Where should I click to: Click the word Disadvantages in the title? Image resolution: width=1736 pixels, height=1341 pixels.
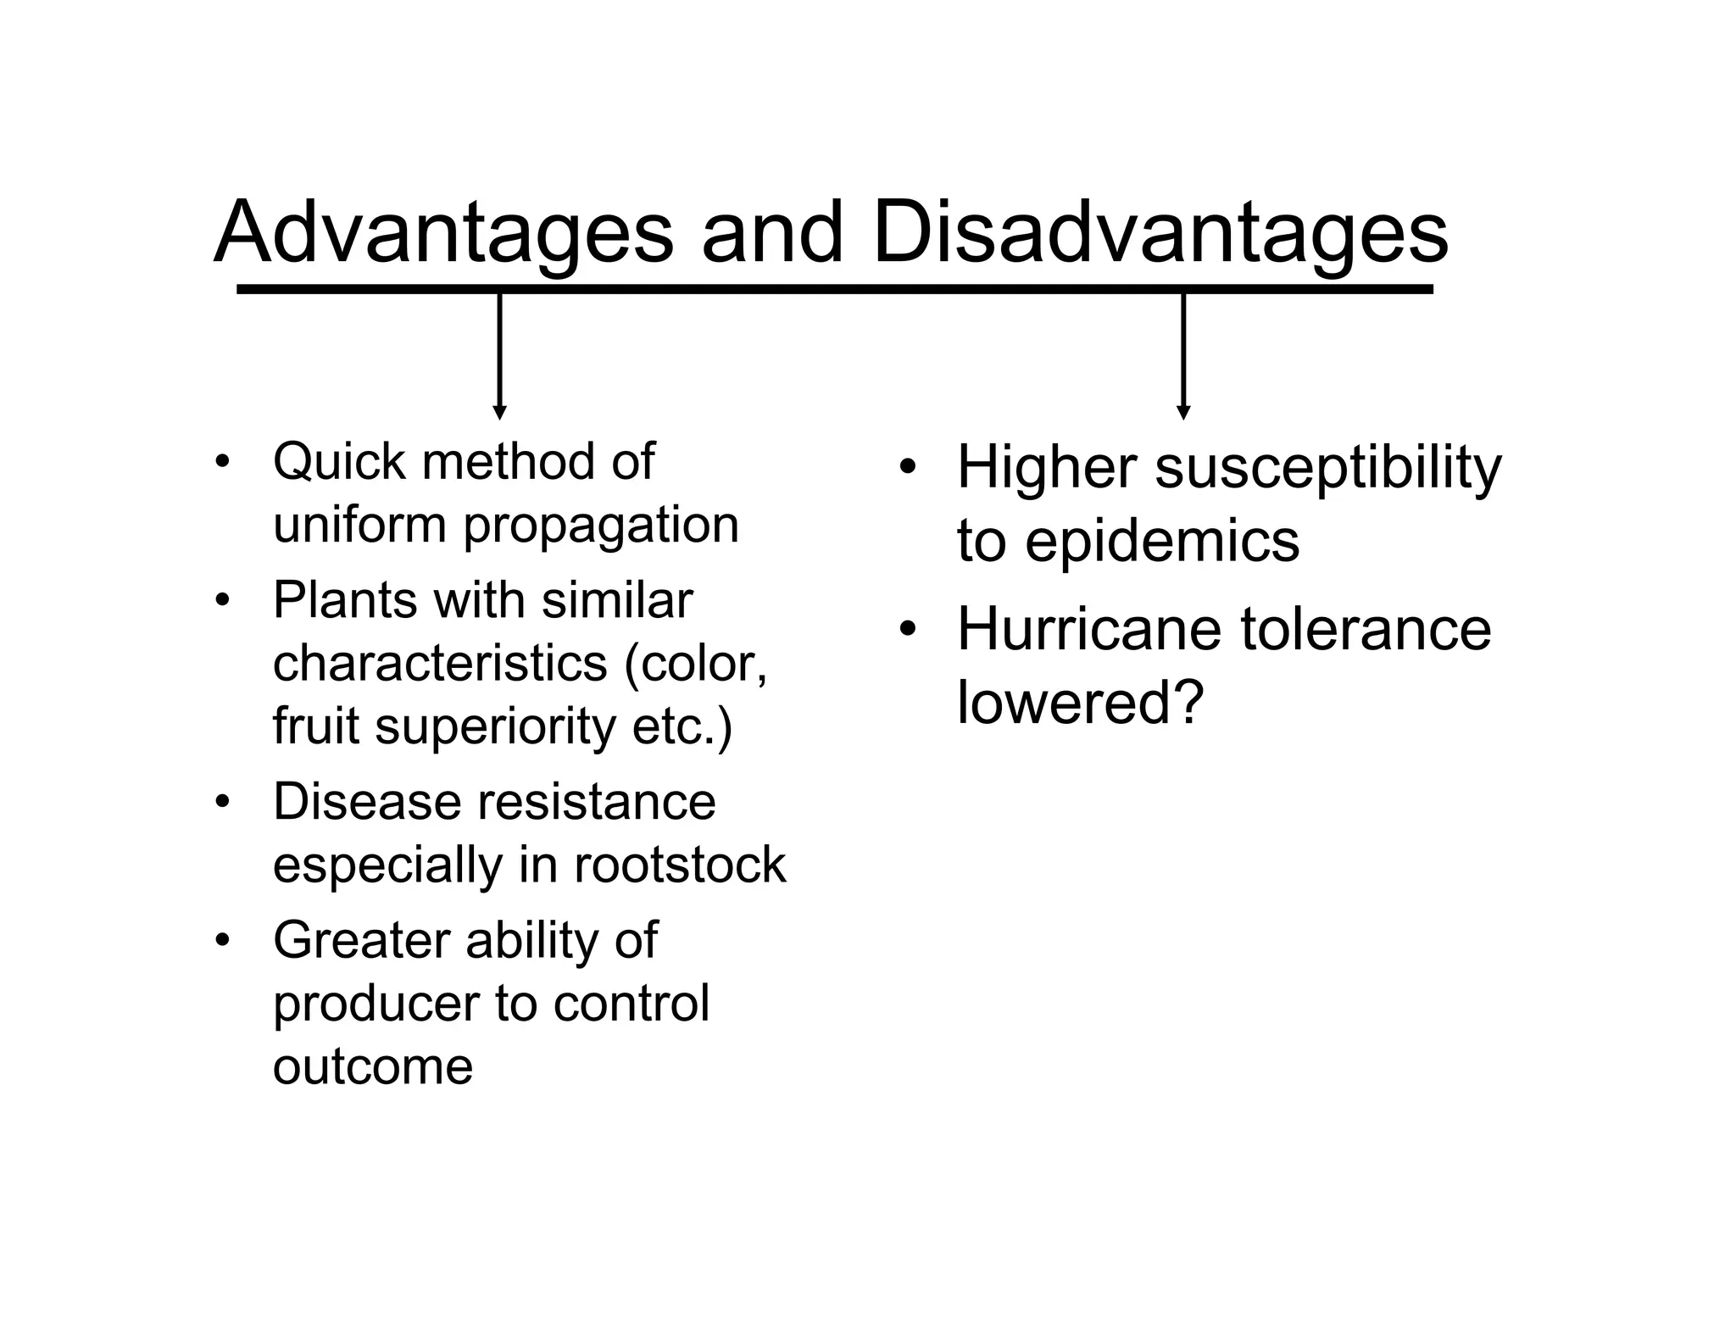1160,232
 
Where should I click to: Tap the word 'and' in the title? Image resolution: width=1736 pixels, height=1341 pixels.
772,232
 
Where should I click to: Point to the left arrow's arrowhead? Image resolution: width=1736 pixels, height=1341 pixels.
499,412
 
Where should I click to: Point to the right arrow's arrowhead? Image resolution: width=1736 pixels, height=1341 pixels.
1183,412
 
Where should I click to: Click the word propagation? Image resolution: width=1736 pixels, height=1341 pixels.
601,526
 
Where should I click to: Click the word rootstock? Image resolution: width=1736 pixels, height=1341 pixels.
680,865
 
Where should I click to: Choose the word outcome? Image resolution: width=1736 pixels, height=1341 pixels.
373,1066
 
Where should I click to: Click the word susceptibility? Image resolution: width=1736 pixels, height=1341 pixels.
1327,468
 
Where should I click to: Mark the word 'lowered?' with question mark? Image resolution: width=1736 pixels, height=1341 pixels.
1080,703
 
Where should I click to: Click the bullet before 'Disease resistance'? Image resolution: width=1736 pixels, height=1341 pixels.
222,802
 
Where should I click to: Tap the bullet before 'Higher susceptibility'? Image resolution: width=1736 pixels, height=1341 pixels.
907,468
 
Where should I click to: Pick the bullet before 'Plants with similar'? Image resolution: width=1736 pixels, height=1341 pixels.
222,601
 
